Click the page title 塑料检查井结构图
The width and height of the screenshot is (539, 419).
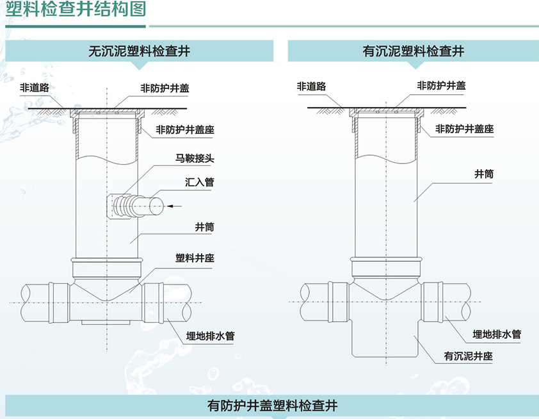pos(76,11)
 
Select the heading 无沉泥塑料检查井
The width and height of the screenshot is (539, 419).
pos(140,51)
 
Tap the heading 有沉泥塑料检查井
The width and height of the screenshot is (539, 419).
pos(413,51)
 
